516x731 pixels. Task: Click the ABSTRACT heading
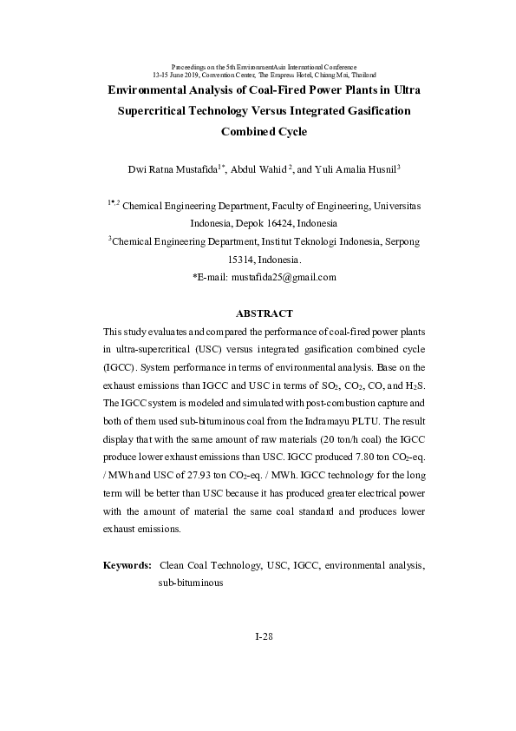[x=265, y=313]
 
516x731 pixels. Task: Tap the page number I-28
[x=265, y=636]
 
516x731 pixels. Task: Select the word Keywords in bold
[x=126, y=565]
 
